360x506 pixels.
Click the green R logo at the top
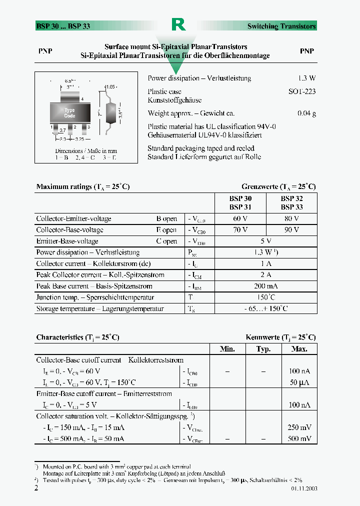coord(178,24)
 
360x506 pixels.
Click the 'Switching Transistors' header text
coord(281,26)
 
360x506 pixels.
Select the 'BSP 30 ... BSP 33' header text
coord(63,26)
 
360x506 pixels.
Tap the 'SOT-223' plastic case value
coord(302,92)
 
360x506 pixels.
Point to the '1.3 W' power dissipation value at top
coord(306,78)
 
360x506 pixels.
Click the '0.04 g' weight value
coord(306,113)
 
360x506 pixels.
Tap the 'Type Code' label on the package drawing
coord(69,113)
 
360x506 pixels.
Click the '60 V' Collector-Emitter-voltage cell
coord(240,219)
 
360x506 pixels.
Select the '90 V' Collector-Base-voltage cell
coord(291,230)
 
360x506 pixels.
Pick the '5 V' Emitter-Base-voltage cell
coord(266,241)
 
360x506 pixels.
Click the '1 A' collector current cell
coord(266,264)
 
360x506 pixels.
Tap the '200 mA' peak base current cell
coord(266,286)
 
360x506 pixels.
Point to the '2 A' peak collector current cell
coord(266,275)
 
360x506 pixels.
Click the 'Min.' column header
coord(227,349)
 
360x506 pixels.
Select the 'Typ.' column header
coord(263,349)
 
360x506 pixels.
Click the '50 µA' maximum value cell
coord(300,382)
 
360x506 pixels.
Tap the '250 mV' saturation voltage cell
coord(299,427)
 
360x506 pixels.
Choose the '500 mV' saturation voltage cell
coord(299,438)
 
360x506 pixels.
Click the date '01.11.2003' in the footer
coord(303,488)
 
